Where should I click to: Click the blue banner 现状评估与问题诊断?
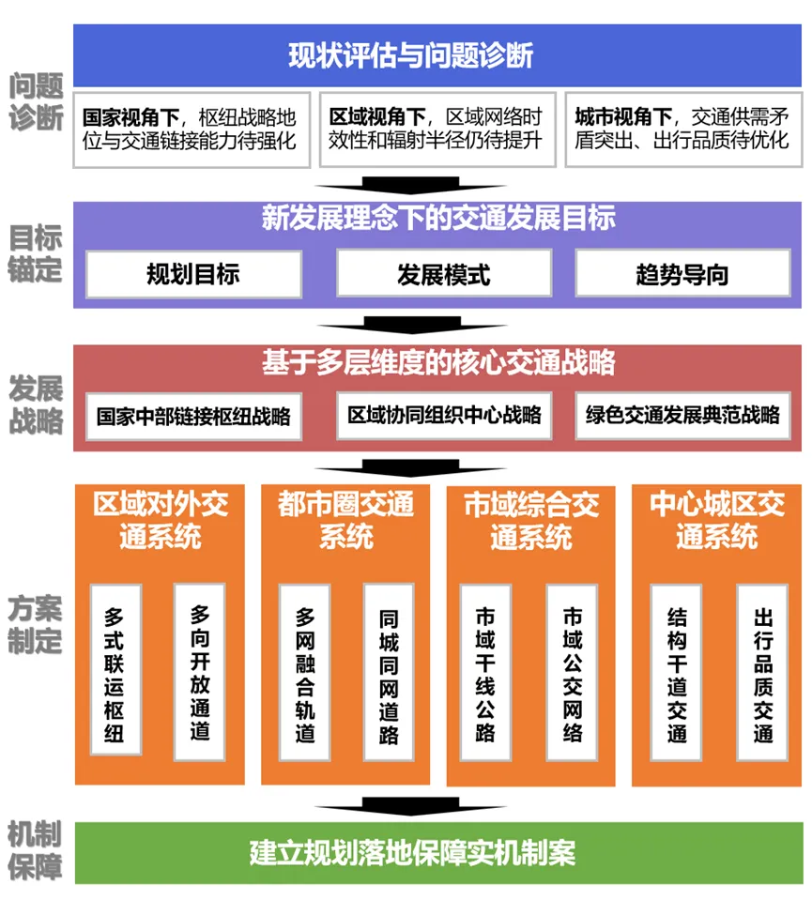[437, 55]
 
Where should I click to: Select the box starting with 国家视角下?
[191, 130]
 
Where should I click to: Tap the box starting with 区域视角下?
[437, 130]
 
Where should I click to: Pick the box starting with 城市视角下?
[682, 130]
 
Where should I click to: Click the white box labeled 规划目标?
[193, 274]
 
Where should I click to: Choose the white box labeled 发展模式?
[443, 274]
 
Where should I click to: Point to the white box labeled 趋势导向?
[682, 274]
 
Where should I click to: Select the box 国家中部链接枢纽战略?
[194, 416]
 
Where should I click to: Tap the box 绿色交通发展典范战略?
[682, 416]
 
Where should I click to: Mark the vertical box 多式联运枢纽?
[115, 669]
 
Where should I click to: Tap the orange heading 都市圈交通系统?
[345, 520]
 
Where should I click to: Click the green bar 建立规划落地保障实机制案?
[437, 853]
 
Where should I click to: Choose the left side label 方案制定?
[36, 624]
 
